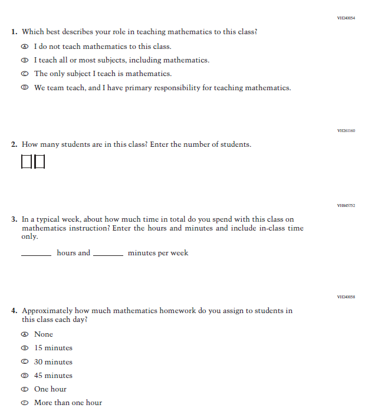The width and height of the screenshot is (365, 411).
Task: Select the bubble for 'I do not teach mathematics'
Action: (x=24, y=47)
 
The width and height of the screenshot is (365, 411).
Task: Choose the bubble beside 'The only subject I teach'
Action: (x=24, y=74)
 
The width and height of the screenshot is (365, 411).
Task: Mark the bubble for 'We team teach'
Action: (x=24, y=88)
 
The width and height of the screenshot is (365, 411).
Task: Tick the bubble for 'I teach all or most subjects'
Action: (x=24, y=60)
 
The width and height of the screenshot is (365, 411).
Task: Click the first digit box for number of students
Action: (x=27, y=161)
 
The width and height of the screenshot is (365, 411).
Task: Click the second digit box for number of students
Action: (x=39, y=161)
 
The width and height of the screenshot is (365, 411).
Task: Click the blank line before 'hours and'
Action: (x=36, y=254)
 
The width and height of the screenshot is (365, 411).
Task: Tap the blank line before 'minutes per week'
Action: (x=108, y=254)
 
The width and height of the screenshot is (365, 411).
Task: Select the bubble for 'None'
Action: (x=24, y=334)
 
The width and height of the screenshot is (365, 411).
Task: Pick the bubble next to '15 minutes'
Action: (x=24, y=348)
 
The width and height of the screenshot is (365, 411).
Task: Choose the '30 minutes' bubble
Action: (x=24, y=362)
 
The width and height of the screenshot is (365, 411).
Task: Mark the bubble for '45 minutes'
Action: (x=24, y=376)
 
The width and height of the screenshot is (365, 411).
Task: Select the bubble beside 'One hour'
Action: (x=24, y=389)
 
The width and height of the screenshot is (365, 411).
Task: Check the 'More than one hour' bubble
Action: (x=24, y=403)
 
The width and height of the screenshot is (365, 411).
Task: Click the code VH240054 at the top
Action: (x=346, y=18)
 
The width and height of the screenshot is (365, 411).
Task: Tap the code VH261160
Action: (x=346, y=130)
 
